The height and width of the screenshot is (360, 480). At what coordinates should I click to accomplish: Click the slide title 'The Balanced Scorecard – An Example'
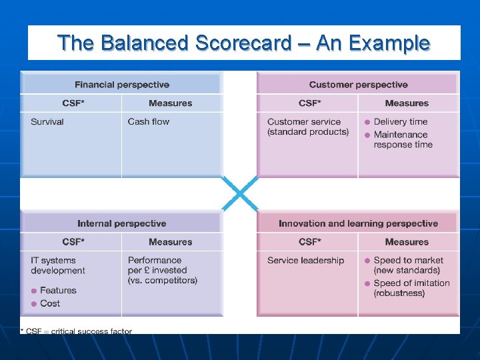(243, 43)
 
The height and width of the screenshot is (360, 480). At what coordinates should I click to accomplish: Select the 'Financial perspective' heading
(121, 85)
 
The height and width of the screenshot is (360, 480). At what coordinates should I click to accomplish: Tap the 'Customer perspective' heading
(358, 85)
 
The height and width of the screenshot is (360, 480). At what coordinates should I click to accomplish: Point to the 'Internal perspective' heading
(121, 223)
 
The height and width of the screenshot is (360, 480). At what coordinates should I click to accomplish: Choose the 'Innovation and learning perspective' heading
(358, 223)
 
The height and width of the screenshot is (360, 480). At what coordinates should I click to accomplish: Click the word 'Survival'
(47, 122)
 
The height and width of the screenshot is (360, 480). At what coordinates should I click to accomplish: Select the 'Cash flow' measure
(148, 122)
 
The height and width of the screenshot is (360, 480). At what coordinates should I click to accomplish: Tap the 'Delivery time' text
(400, 122)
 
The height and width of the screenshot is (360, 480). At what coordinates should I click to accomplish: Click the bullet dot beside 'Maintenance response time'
(367, 135)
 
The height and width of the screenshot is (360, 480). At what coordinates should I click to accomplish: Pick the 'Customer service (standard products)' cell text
(307, 127)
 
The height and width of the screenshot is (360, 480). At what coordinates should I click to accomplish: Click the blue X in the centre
(239, 194)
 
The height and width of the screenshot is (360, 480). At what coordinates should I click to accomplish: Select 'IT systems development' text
(57, 265)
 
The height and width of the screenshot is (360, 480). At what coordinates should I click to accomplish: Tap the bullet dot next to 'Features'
(34, 291)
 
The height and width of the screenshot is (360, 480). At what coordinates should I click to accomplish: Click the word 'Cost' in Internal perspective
(50, 303)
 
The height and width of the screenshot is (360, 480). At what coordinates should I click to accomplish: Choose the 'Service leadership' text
(305, 261)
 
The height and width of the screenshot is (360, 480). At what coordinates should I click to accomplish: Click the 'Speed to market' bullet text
(408, 261)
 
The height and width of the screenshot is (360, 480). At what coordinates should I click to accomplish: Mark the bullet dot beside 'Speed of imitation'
(367, 283)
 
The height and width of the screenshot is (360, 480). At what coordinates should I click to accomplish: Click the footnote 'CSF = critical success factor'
(79, 331)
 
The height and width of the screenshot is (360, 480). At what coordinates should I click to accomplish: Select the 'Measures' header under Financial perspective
(170, 103)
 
